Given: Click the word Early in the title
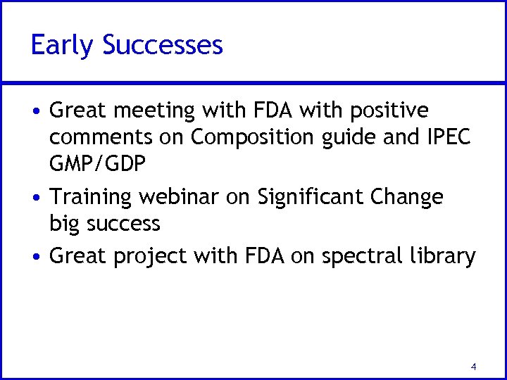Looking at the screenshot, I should tap(63, 46).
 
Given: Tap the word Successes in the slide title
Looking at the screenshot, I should tap(163, 45).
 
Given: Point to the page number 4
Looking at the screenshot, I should tap(473, 367).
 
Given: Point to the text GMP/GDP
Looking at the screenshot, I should tap(98, 165).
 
